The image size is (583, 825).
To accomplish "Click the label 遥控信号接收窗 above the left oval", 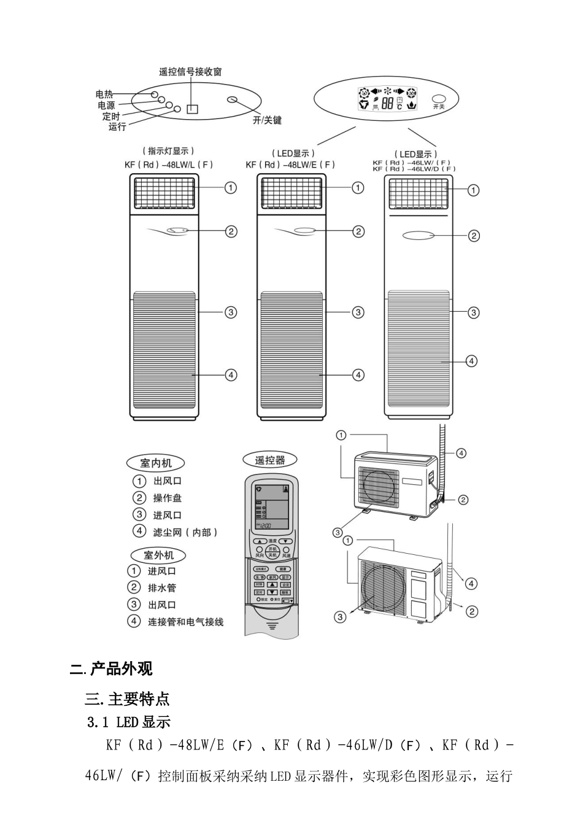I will tap(190, 72).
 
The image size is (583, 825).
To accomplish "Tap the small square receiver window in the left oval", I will tap(193, 109).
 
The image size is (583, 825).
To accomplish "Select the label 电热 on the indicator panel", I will tap(104, 94).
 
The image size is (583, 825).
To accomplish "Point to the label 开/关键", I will tap(267, 120).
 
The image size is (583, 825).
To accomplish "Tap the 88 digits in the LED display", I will tap(387, 103).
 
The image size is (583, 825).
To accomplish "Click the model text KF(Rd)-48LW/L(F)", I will tap(169, 165).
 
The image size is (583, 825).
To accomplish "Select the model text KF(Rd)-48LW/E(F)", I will tap(290, 165).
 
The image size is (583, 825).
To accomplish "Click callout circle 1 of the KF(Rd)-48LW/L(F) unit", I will tap(231, 187).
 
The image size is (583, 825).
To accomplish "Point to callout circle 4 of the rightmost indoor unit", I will tap(471, 361).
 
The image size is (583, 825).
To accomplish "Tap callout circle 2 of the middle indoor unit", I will tap(358, 231).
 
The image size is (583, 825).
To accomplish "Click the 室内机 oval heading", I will tap(156, 463).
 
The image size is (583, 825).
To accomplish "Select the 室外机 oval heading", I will tap(158, 555).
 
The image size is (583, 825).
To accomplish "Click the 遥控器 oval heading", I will tap(270, 460).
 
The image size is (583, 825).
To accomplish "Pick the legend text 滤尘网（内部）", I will tap(185, 532).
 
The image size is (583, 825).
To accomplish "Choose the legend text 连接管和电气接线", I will tap(185, 622).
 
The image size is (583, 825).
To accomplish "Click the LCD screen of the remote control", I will tap(274, 506).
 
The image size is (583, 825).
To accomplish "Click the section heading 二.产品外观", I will tap(112, 668).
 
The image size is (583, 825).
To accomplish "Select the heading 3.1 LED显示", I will tap(129, 722).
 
